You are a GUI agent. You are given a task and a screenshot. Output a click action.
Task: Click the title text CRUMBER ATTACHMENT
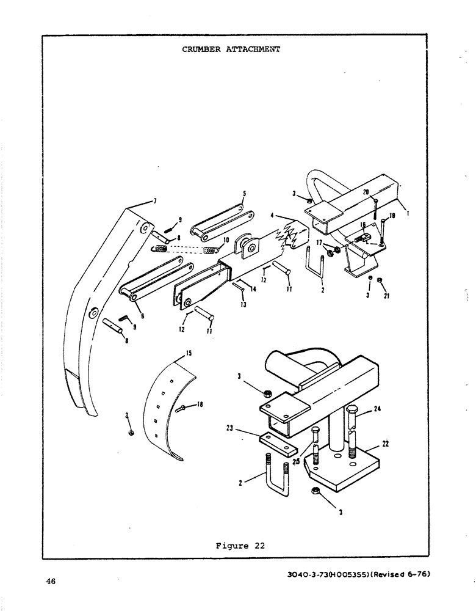pyautogui.click(x=231, y=49)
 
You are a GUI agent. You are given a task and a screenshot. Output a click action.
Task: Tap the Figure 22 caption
pyautogui.click(x=240, y=546)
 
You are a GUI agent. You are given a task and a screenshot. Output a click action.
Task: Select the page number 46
pyautogui.click(x=51, y=582)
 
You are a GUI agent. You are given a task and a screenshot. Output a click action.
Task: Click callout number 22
pyautogui.click(x=386, y=444)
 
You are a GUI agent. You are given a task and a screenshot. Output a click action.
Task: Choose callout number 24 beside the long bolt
pyautogui.click(x=378, y=410)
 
